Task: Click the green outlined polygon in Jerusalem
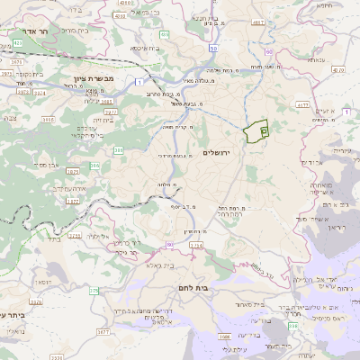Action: (256, 130)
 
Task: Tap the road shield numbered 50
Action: (213, 48)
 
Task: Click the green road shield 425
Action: (19, 43)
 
